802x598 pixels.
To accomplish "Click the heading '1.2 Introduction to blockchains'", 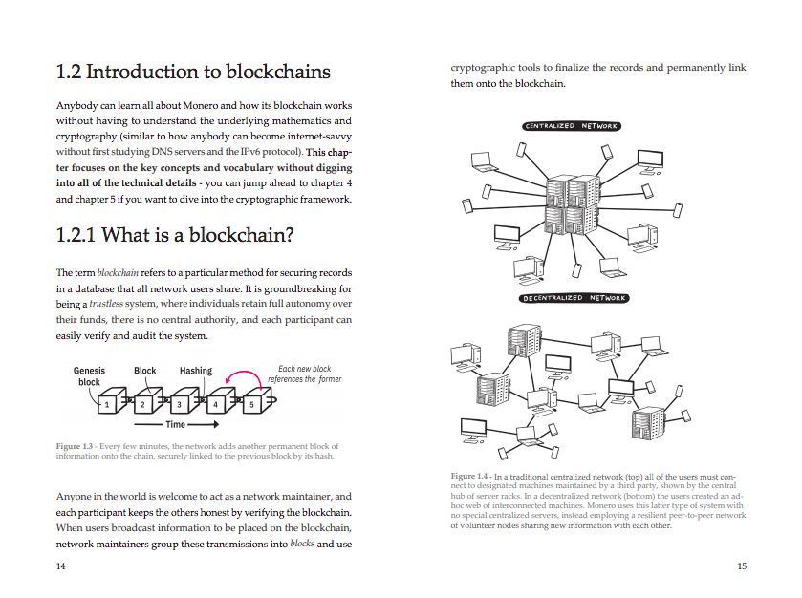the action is (193, 72).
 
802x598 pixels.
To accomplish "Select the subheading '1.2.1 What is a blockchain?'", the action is (175, 235).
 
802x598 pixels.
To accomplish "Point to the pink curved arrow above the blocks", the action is (245, 373).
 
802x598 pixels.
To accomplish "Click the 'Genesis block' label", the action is (89, 376).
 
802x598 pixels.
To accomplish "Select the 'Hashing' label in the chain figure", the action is (195, 371).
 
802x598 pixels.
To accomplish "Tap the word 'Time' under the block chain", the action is (176, 424).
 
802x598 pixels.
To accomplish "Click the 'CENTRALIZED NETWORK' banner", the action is (572, 126).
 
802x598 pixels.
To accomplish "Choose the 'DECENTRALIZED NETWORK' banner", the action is (574, 298).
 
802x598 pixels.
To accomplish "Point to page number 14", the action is (60, 566).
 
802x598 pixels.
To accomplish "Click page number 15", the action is (742, 566).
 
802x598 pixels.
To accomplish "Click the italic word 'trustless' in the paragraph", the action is (106, 304).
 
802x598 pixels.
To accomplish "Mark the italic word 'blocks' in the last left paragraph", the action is (302, 544).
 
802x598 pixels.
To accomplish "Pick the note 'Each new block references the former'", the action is (305, 374).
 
